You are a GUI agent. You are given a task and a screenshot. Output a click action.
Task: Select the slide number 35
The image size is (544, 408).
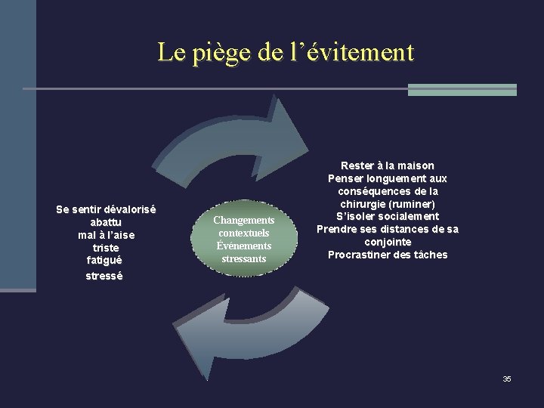[507, 379]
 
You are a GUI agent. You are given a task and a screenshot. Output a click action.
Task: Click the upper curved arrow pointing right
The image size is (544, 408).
[242, 144]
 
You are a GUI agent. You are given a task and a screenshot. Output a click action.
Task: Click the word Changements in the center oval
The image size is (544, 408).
[243, 220]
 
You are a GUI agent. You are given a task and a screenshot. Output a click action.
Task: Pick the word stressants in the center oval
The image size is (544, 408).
[243, 259]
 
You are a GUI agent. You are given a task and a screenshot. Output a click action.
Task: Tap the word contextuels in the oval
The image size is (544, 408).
[243, 233]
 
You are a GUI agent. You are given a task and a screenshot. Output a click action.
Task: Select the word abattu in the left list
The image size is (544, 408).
[106, 222]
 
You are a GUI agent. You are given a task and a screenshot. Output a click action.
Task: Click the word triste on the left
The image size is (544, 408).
[106, 247]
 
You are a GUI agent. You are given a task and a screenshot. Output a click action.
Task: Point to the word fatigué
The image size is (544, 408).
[106, 260]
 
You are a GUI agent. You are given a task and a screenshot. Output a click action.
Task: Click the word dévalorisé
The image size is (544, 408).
[127, 209]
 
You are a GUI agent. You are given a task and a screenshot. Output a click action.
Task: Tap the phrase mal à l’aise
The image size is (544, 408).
[106, 235]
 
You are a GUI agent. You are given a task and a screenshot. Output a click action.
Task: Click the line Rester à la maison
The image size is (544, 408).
[387, 165]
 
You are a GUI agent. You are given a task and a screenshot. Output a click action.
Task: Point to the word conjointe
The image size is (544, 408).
[387, 242]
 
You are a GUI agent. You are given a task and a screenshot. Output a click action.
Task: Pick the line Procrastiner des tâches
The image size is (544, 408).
[387, 255]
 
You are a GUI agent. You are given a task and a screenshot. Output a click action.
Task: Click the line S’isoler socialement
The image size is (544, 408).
[387, 216]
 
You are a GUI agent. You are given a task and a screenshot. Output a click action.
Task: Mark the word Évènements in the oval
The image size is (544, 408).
[243, 246]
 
